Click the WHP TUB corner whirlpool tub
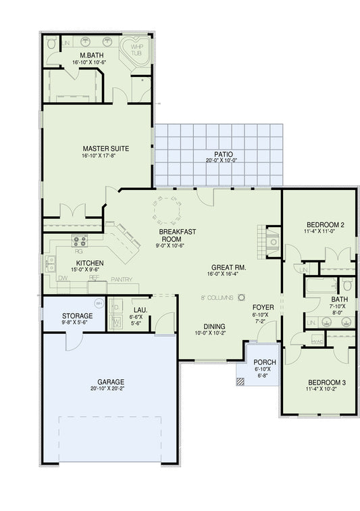(137, 50)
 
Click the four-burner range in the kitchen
(80, 240)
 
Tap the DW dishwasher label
(63, 278)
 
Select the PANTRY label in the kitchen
(121, 278)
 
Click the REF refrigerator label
(95, 278)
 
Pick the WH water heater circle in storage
(99, 303)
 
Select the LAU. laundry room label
(139, 309)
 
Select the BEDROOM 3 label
(324, 382)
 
